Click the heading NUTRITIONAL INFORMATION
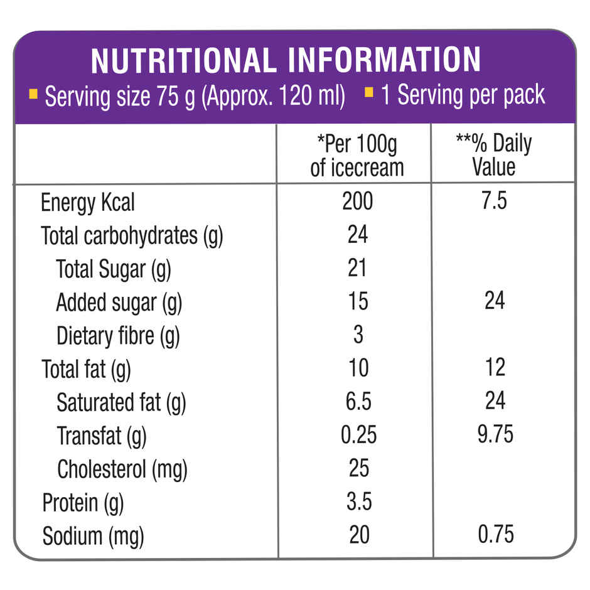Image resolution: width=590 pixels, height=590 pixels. (x=286, y=60)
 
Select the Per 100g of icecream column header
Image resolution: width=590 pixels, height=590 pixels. (x=357, y=156)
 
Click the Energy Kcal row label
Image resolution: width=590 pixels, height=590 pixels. (x=88, y=203)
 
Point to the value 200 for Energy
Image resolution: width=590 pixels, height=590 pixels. (x=358, y=201)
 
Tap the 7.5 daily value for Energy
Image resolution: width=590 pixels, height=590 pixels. (x=494, y=201)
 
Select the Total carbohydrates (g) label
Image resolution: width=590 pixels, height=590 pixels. (x=132, y=236)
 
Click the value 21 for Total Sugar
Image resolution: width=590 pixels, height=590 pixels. (x=357, y=268)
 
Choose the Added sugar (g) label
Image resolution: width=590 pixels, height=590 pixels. (x=119, y=303)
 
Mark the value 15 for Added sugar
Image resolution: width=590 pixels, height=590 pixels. (x=358, y=301)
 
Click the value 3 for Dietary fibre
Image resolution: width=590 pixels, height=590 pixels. (x=358, y=335)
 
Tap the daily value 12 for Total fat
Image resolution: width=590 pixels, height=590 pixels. (x=495, y=368)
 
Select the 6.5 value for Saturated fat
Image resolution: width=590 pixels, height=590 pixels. (x=358, y=401)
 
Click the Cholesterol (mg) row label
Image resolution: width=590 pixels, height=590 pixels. (x=122, y=469)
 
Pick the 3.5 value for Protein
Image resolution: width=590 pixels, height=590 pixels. (x=358, y=501)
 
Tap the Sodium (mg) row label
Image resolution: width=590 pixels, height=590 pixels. (x=93, y=536)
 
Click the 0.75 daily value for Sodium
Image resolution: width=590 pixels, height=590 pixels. (x=495, y=534)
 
